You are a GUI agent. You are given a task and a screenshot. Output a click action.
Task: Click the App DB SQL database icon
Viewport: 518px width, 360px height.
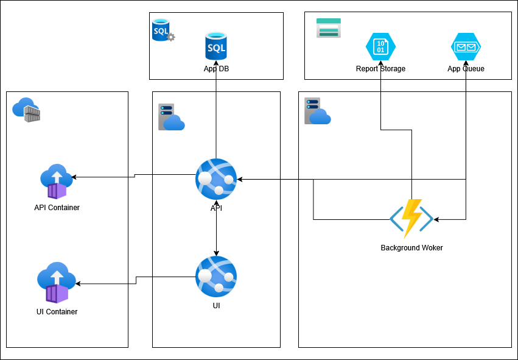click(216, 47)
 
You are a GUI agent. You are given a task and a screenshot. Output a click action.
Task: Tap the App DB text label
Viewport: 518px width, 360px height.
click(216, 69)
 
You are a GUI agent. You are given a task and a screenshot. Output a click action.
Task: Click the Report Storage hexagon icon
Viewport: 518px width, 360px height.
click(380, 47)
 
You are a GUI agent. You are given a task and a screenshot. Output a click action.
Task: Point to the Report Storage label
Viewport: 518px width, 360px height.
click(380, 69)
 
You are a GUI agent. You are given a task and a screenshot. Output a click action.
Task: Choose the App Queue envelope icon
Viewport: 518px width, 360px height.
click(466, 47)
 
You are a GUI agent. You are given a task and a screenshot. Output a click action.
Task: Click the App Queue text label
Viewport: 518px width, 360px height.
click(466, 69)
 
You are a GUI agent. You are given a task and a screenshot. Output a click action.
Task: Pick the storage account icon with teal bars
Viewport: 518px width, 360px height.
click(329, 28)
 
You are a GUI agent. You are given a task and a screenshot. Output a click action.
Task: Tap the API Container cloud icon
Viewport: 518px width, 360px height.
click(56, 181)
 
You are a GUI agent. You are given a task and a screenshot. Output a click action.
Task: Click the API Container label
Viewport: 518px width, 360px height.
click(57, 208)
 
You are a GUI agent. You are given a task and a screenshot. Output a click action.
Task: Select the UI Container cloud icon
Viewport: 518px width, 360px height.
click(56, 283)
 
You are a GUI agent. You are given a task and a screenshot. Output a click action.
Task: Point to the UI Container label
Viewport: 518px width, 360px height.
click(57, 312)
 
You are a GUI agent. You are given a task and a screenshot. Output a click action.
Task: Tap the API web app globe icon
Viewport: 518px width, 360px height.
click(216, 179)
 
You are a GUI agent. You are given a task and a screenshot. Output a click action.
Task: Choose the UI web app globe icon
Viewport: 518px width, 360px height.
click(216, 277)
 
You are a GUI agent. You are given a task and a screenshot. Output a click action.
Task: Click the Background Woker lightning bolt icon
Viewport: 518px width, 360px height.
click(411, 218)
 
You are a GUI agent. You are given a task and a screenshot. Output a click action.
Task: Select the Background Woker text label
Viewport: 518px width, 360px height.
click(411, 248)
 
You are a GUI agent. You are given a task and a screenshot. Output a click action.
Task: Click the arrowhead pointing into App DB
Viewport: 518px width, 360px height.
click(216, 63)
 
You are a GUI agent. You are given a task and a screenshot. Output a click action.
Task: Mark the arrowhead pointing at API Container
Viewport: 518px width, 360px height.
click(74, 177)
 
